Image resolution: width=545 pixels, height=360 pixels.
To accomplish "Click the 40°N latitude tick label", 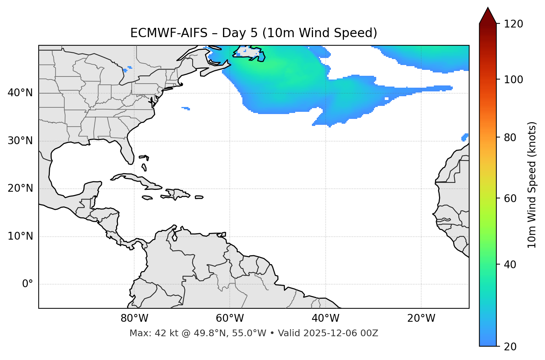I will (x=20, y=93).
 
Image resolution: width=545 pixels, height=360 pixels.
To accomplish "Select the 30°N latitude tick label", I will (x=20, y=141).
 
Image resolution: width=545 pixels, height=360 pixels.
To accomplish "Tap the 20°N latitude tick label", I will (x=20, y=188).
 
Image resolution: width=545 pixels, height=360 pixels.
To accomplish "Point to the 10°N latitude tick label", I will (x=20, y=236).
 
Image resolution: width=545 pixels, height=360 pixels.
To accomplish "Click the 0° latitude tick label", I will (x=28, y=284).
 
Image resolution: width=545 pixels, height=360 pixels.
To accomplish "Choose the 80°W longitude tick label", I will (x=134, y=318).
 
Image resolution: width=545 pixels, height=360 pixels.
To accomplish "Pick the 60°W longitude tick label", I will (x=230, y=318).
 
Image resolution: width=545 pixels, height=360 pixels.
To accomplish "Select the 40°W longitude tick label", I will (x=325, y=318).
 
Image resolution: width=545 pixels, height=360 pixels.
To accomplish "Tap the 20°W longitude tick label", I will (x=421, y=318).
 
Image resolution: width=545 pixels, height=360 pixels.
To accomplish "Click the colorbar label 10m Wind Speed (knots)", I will (x=532, y=185).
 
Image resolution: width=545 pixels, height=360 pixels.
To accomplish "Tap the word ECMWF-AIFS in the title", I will (x=168, y=33).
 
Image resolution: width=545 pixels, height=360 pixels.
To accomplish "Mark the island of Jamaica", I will (x=147, y=198).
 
